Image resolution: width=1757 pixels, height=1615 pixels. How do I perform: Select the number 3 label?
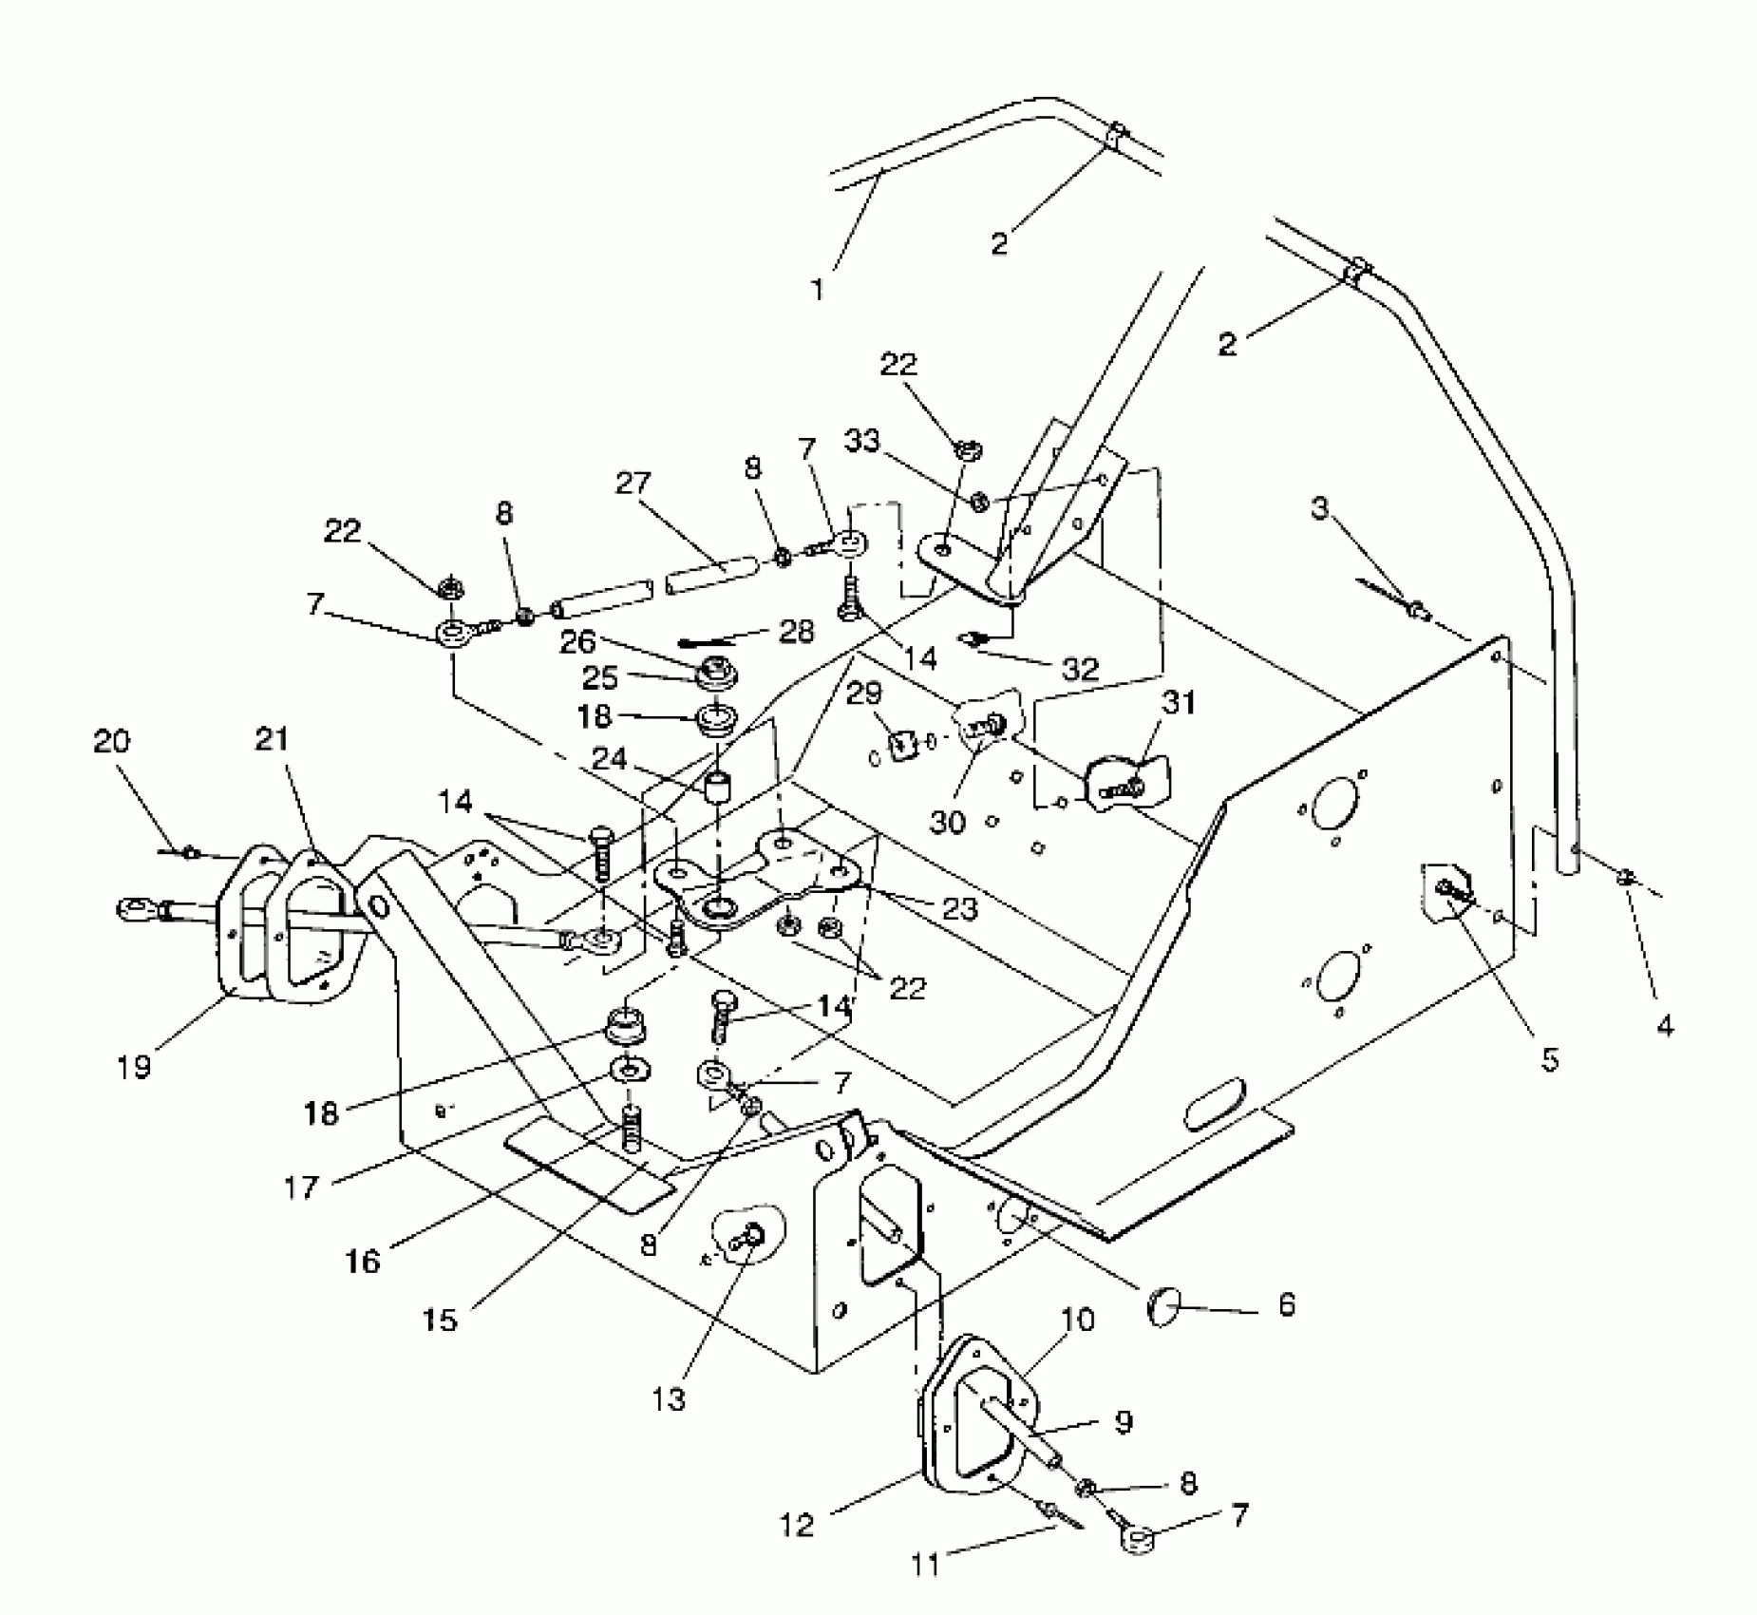coord(1320,509)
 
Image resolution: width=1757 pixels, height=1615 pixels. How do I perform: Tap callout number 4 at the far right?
coord(1664,1024)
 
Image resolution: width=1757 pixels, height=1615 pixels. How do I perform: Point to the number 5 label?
coord(1549,1059)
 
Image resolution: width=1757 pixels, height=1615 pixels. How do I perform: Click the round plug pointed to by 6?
coord(1163,1313)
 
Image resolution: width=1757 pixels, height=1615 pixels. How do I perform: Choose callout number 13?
coord(670,1399)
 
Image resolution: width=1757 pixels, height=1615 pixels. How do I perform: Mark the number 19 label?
coord(135,1067)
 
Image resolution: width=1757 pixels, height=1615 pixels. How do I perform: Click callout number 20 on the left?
coord(111,741)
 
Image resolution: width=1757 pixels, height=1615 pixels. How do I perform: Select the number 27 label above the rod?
coord(633,484)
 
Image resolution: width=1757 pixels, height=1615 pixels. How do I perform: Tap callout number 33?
coord(861,442)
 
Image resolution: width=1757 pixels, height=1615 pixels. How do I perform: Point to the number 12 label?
coord(798,1525)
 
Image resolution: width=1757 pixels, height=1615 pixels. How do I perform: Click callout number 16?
coord(363,1261)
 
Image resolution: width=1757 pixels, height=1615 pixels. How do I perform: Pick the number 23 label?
coord(958,909)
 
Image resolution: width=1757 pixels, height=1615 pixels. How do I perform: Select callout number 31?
coord(1178,703)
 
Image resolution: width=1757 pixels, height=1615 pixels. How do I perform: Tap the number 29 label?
coord(863,693)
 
